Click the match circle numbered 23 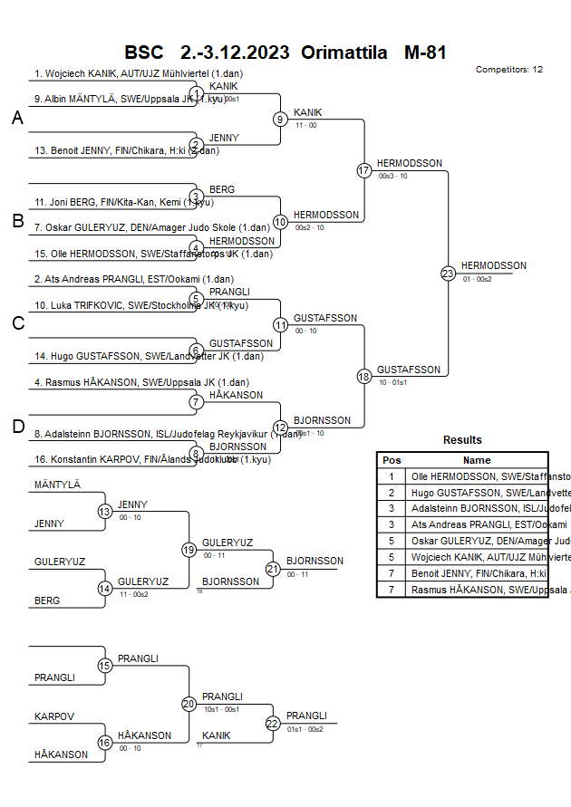pos(448,273)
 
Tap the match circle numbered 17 pos(364,170)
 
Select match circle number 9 pos(281,119)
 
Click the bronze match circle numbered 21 pos(273,569)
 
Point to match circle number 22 pos(273,723)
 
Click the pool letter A pos(17,119)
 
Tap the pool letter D pos(17,427)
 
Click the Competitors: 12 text pos(508,69)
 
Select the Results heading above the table pos(462,440)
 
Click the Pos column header pos(392,460)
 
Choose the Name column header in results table pos(477,460)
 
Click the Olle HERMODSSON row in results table pos(477,476)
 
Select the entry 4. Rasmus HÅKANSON pos(141,382)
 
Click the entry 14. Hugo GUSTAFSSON pos(137,357)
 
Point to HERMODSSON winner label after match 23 pos(493,265)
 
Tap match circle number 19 pos(189,550)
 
